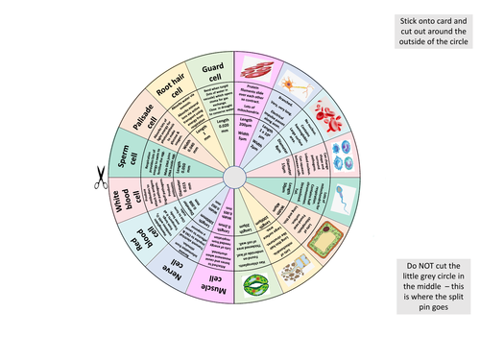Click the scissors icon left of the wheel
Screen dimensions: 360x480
pos(99,177)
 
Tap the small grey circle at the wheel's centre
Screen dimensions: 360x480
pos(235,177)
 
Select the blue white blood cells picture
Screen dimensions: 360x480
pos(343,154)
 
